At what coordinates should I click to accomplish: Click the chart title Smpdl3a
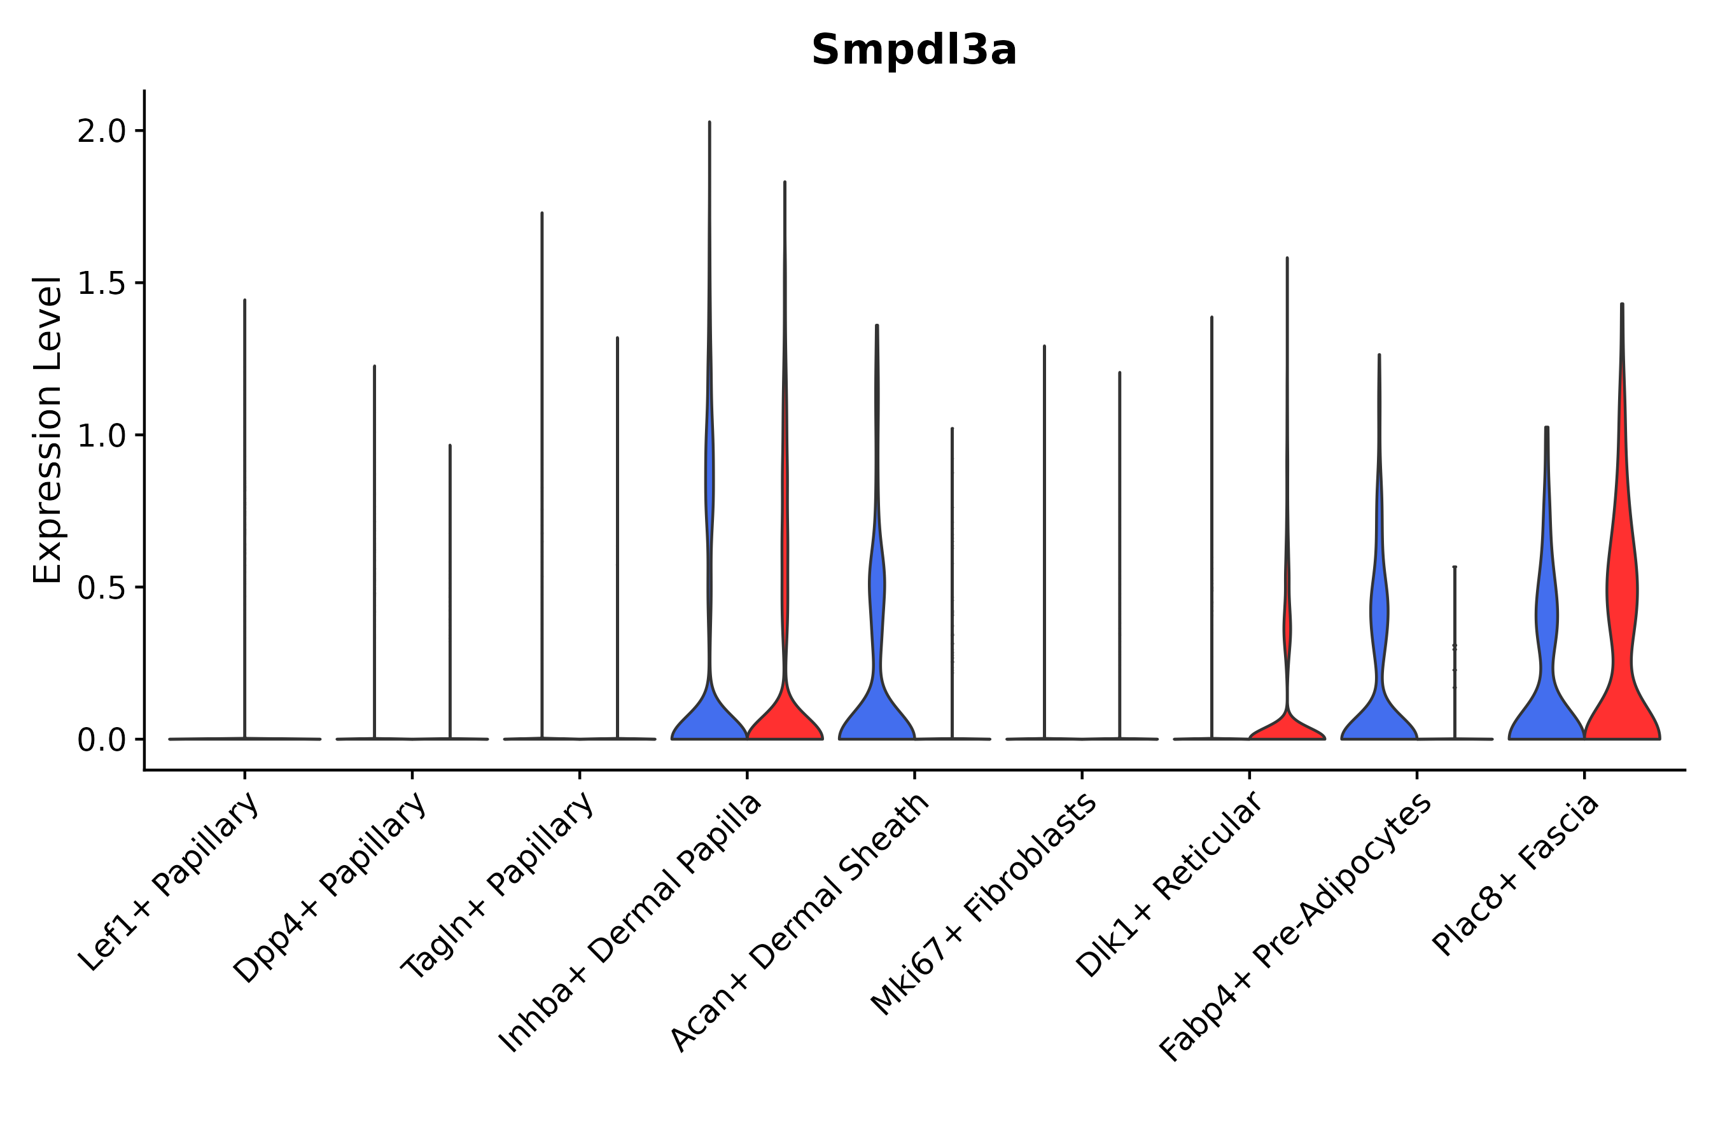(913, 50)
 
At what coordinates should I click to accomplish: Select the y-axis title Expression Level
(48, 429)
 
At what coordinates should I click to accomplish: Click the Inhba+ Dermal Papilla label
(631, 924)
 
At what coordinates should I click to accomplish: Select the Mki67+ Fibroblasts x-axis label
(983, 905)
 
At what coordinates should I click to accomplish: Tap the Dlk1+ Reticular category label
(1169, 885)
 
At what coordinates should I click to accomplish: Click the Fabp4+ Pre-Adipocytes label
(1295, 928)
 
